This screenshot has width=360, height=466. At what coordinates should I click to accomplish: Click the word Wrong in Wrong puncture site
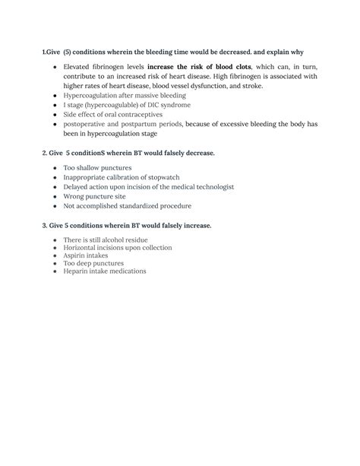click(x=75, y=195)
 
